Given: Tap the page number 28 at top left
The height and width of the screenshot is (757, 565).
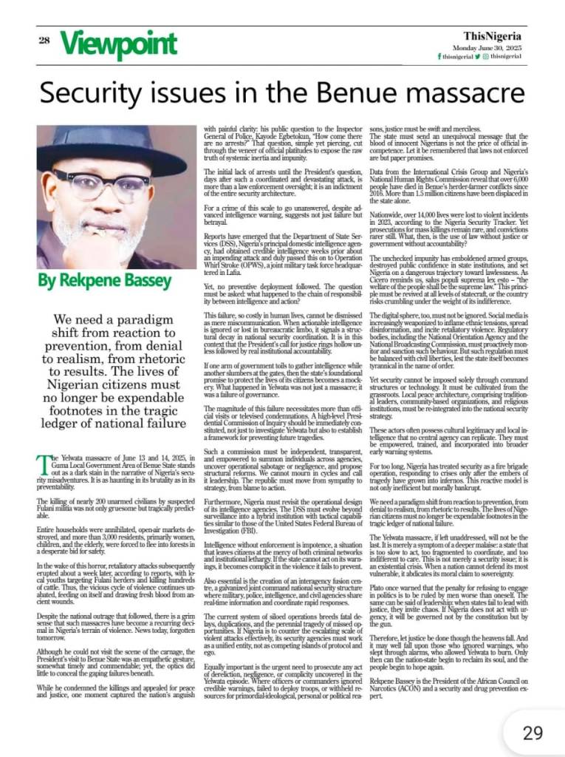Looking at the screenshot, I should point(44,41).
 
